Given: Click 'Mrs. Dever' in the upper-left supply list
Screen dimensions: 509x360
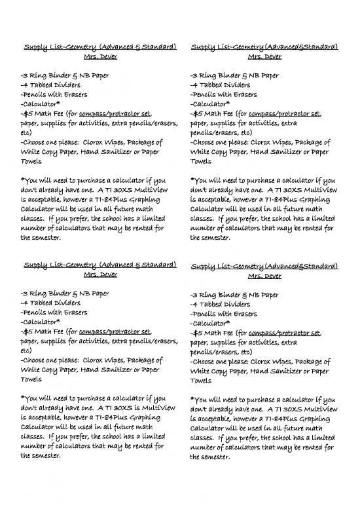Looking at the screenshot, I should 99,56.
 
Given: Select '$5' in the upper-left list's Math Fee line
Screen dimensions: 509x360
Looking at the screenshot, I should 30,113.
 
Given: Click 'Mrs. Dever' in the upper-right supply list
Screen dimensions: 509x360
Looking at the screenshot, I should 263,56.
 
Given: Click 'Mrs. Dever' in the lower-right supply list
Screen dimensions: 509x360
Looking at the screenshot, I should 263,277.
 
